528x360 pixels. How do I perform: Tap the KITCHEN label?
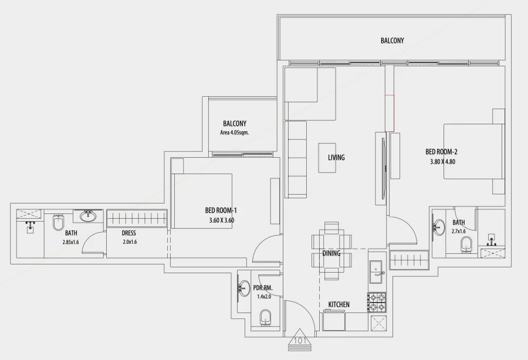339,304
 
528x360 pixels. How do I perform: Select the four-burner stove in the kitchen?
377,302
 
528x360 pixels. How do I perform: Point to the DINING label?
331,253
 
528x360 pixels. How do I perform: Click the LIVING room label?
336,157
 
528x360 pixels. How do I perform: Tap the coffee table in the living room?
327,157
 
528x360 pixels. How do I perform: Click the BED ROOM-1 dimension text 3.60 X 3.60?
221,220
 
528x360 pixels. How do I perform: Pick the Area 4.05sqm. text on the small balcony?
234,133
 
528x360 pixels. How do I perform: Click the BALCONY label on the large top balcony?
392,40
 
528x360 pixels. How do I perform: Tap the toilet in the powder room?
265,318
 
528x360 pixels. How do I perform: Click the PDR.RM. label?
263,288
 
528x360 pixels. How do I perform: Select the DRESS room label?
129,233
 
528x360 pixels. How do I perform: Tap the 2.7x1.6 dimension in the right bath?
459,231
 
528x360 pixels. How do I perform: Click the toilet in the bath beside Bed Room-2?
466,244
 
